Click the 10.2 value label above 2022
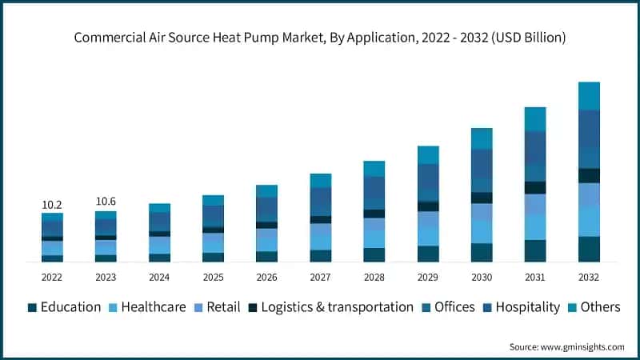click(52, 204)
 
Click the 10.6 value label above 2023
click(106, 202)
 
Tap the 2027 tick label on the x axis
click(320, 277)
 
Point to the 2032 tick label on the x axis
click(589, 277)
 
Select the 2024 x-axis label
click(159, 277)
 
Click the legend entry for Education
click(70, 307)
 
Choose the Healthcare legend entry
click(153, 307)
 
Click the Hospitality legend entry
click(527, 307)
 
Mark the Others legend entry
click(597, 307)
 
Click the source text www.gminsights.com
click(566, 346)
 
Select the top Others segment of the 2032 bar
click(589, 95)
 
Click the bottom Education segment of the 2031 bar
click(535, 250)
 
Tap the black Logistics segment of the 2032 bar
click(589, 175)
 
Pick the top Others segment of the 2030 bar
click(482, 138)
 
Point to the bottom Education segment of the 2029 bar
click(428, 254)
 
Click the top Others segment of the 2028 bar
click(374, 168)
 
